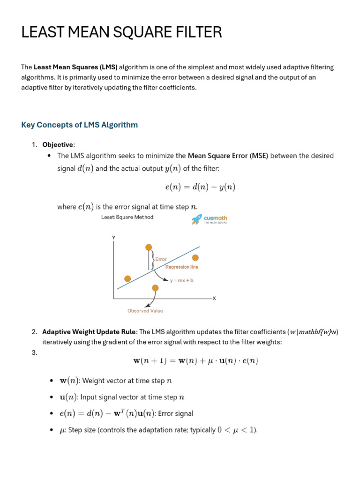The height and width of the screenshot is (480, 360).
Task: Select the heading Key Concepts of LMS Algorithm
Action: coord(80,125)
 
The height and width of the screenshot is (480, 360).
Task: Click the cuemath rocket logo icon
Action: coord(196,219)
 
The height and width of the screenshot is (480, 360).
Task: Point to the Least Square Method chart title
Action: coord(127,217)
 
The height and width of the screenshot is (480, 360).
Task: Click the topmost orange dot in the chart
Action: coord(149,247)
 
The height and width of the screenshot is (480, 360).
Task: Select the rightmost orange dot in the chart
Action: coord(195,257)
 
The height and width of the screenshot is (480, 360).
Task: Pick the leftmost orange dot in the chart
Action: coord(127,278)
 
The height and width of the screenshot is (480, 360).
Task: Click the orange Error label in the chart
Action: coord(161,259)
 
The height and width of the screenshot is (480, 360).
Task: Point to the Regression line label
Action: coord(181,267)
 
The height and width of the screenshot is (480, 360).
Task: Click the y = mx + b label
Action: coord(182,280)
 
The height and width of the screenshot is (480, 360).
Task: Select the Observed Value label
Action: coord(145,311)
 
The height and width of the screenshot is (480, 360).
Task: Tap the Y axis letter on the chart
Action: coord(113,238)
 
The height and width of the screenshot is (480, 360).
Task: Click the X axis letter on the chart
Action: coord(214,298)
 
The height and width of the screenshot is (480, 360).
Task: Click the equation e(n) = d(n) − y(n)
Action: coord(200,187)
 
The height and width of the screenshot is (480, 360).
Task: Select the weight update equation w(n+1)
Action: coord(196,361)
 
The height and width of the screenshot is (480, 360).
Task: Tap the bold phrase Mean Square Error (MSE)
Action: coord(228,156)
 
